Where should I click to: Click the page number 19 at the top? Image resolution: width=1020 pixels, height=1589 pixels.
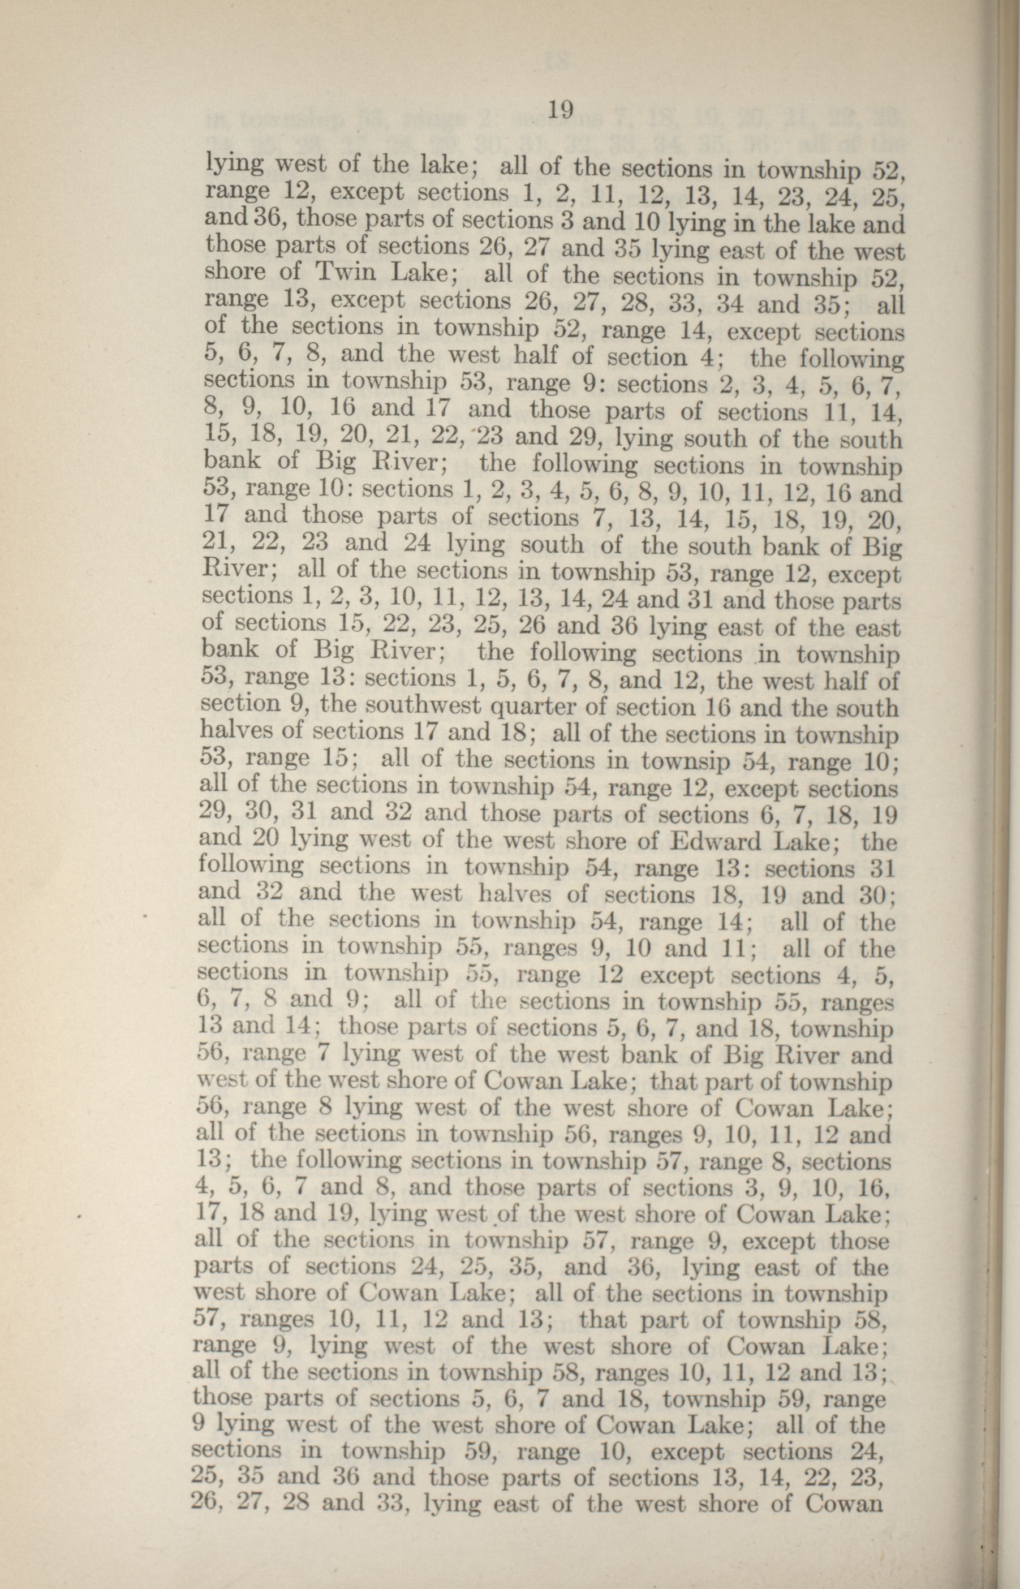click(560, 109)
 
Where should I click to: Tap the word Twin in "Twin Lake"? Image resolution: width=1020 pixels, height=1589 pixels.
click(341, 272)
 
